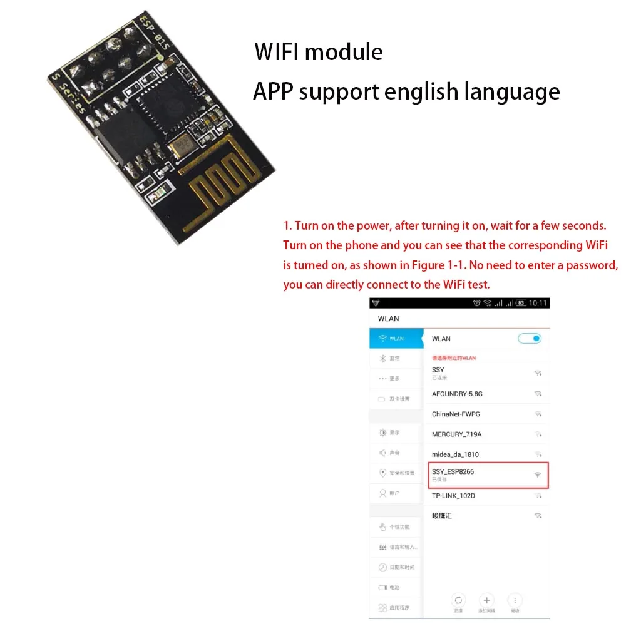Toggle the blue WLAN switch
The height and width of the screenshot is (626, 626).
[x=530, y=339]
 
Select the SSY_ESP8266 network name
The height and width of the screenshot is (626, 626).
[x=453, y=471]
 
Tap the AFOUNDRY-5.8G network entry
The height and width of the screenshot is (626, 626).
[x=457, y=394]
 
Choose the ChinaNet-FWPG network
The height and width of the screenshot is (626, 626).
[x=456, y=414]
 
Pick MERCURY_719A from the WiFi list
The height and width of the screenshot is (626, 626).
[x=456, y=434]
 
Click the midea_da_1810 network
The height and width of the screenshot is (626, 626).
[x=455, y=454]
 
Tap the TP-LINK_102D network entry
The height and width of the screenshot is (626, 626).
[x=453, y=496]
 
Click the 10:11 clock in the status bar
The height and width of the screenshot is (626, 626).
[x=538, y=304]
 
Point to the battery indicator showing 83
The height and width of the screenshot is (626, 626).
[x=520, y=304]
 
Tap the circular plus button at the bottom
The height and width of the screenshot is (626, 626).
[x=486, y=599]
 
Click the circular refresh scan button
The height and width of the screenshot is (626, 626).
[x=458, y=599]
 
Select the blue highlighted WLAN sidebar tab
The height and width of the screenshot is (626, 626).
[x=396, y=339]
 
